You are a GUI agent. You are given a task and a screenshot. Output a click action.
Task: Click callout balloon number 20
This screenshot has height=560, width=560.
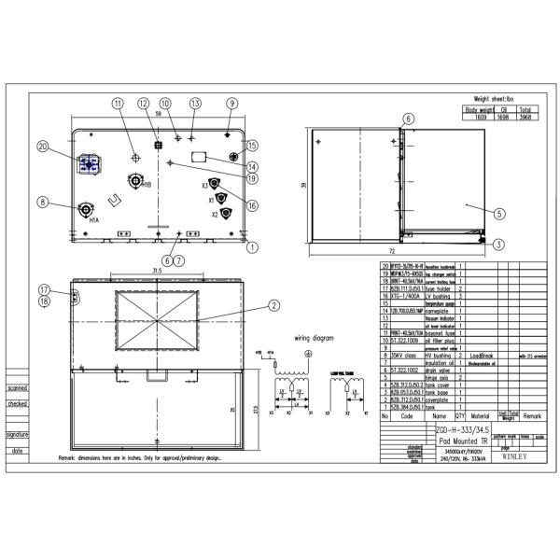(x=43, y=146)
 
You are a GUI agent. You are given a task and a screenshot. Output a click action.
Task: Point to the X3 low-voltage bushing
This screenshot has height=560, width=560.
(x=214, y=183)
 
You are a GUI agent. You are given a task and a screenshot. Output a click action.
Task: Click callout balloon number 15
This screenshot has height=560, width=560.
(x=251, y=146)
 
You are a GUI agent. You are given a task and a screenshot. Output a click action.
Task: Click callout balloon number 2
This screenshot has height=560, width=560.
(x=274, y=304)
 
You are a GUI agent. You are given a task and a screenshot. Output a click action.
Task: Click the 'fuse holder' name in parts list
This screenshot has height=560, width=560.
(x=438, y=288)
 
